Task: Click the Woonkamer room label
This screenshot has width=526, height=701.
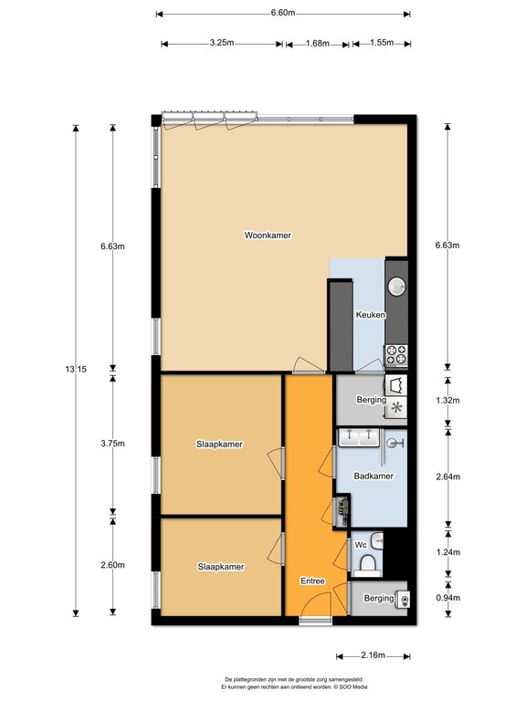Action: (x=268, y=235)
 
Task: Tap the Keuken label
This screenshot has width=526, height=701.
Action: (x=370, y=315)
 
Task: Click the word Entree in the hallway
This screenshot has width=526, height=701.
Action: (x=312, y=581)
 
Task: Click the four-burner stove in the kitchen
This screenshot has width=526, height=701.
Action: (x=396, y=352)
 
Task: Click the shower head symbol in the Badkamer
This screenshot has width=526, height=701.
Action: (x=395, y=444)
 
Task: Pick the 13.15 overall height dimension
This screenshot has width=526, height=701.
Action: (x=84, y=369)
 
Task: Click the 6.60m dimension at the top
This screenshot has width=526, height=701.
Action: (x=283, y=14)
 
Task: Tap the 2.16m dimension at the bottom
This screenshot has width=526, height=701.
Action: (x=373, y=655)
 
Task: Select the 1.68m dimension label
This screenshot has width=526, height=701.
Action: (x=317, y=43)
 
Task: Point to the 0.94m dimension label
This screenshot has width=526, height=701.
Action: (x=473, y=598)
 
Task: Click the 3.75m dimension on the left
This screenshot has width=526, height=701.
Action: (x=113, y=444)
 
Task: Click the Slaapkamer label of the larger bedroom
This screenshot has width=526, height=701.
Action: (x=219, y=445)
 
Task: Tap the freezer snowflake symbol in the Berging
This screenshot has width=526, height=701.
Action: (x=396, y=408)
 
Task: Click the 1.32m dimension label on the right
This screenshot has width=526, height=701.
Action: (x=473, y=400)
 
